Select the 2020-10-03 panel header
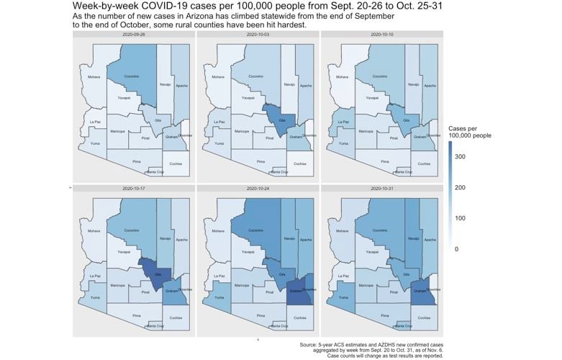tap(255, 34)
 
